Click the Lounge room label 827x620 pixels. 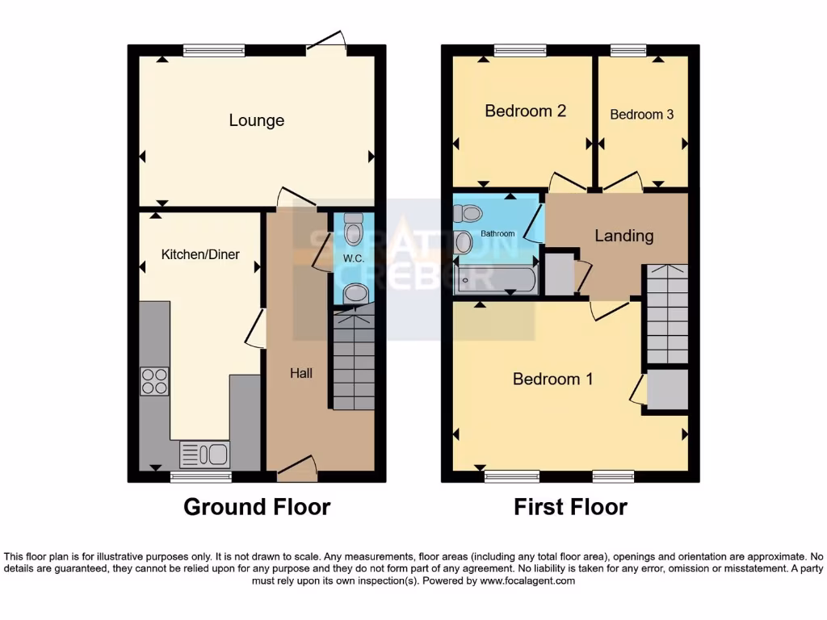[x=256, y=120]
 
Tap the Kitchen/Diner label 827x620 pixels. [x=200, y=254]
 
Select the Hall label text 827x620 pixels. [x=301, y=373]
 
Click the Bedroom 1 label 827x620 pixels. [x=552, y=379]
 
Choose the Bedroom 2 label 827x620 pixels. [x=524, y=111]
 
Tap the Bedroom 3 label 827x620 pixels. [x=641, y=115]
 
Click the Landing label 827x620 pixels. [x=623, y=236]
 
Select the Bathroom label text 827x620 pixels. [x=497, y=234]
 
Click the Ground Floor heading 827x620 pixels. [x=256, y=507]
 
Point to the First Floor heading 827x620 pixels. [x=570, y=507]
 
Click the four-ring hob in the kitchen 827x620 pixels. [x=154, y=381]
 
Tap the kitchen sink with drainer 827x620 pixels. [x=204, y=455]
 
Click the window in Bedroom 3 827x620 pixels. [x=628, y=51]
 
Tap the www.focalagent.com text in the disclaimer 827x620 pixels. [x=527, y=580]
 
